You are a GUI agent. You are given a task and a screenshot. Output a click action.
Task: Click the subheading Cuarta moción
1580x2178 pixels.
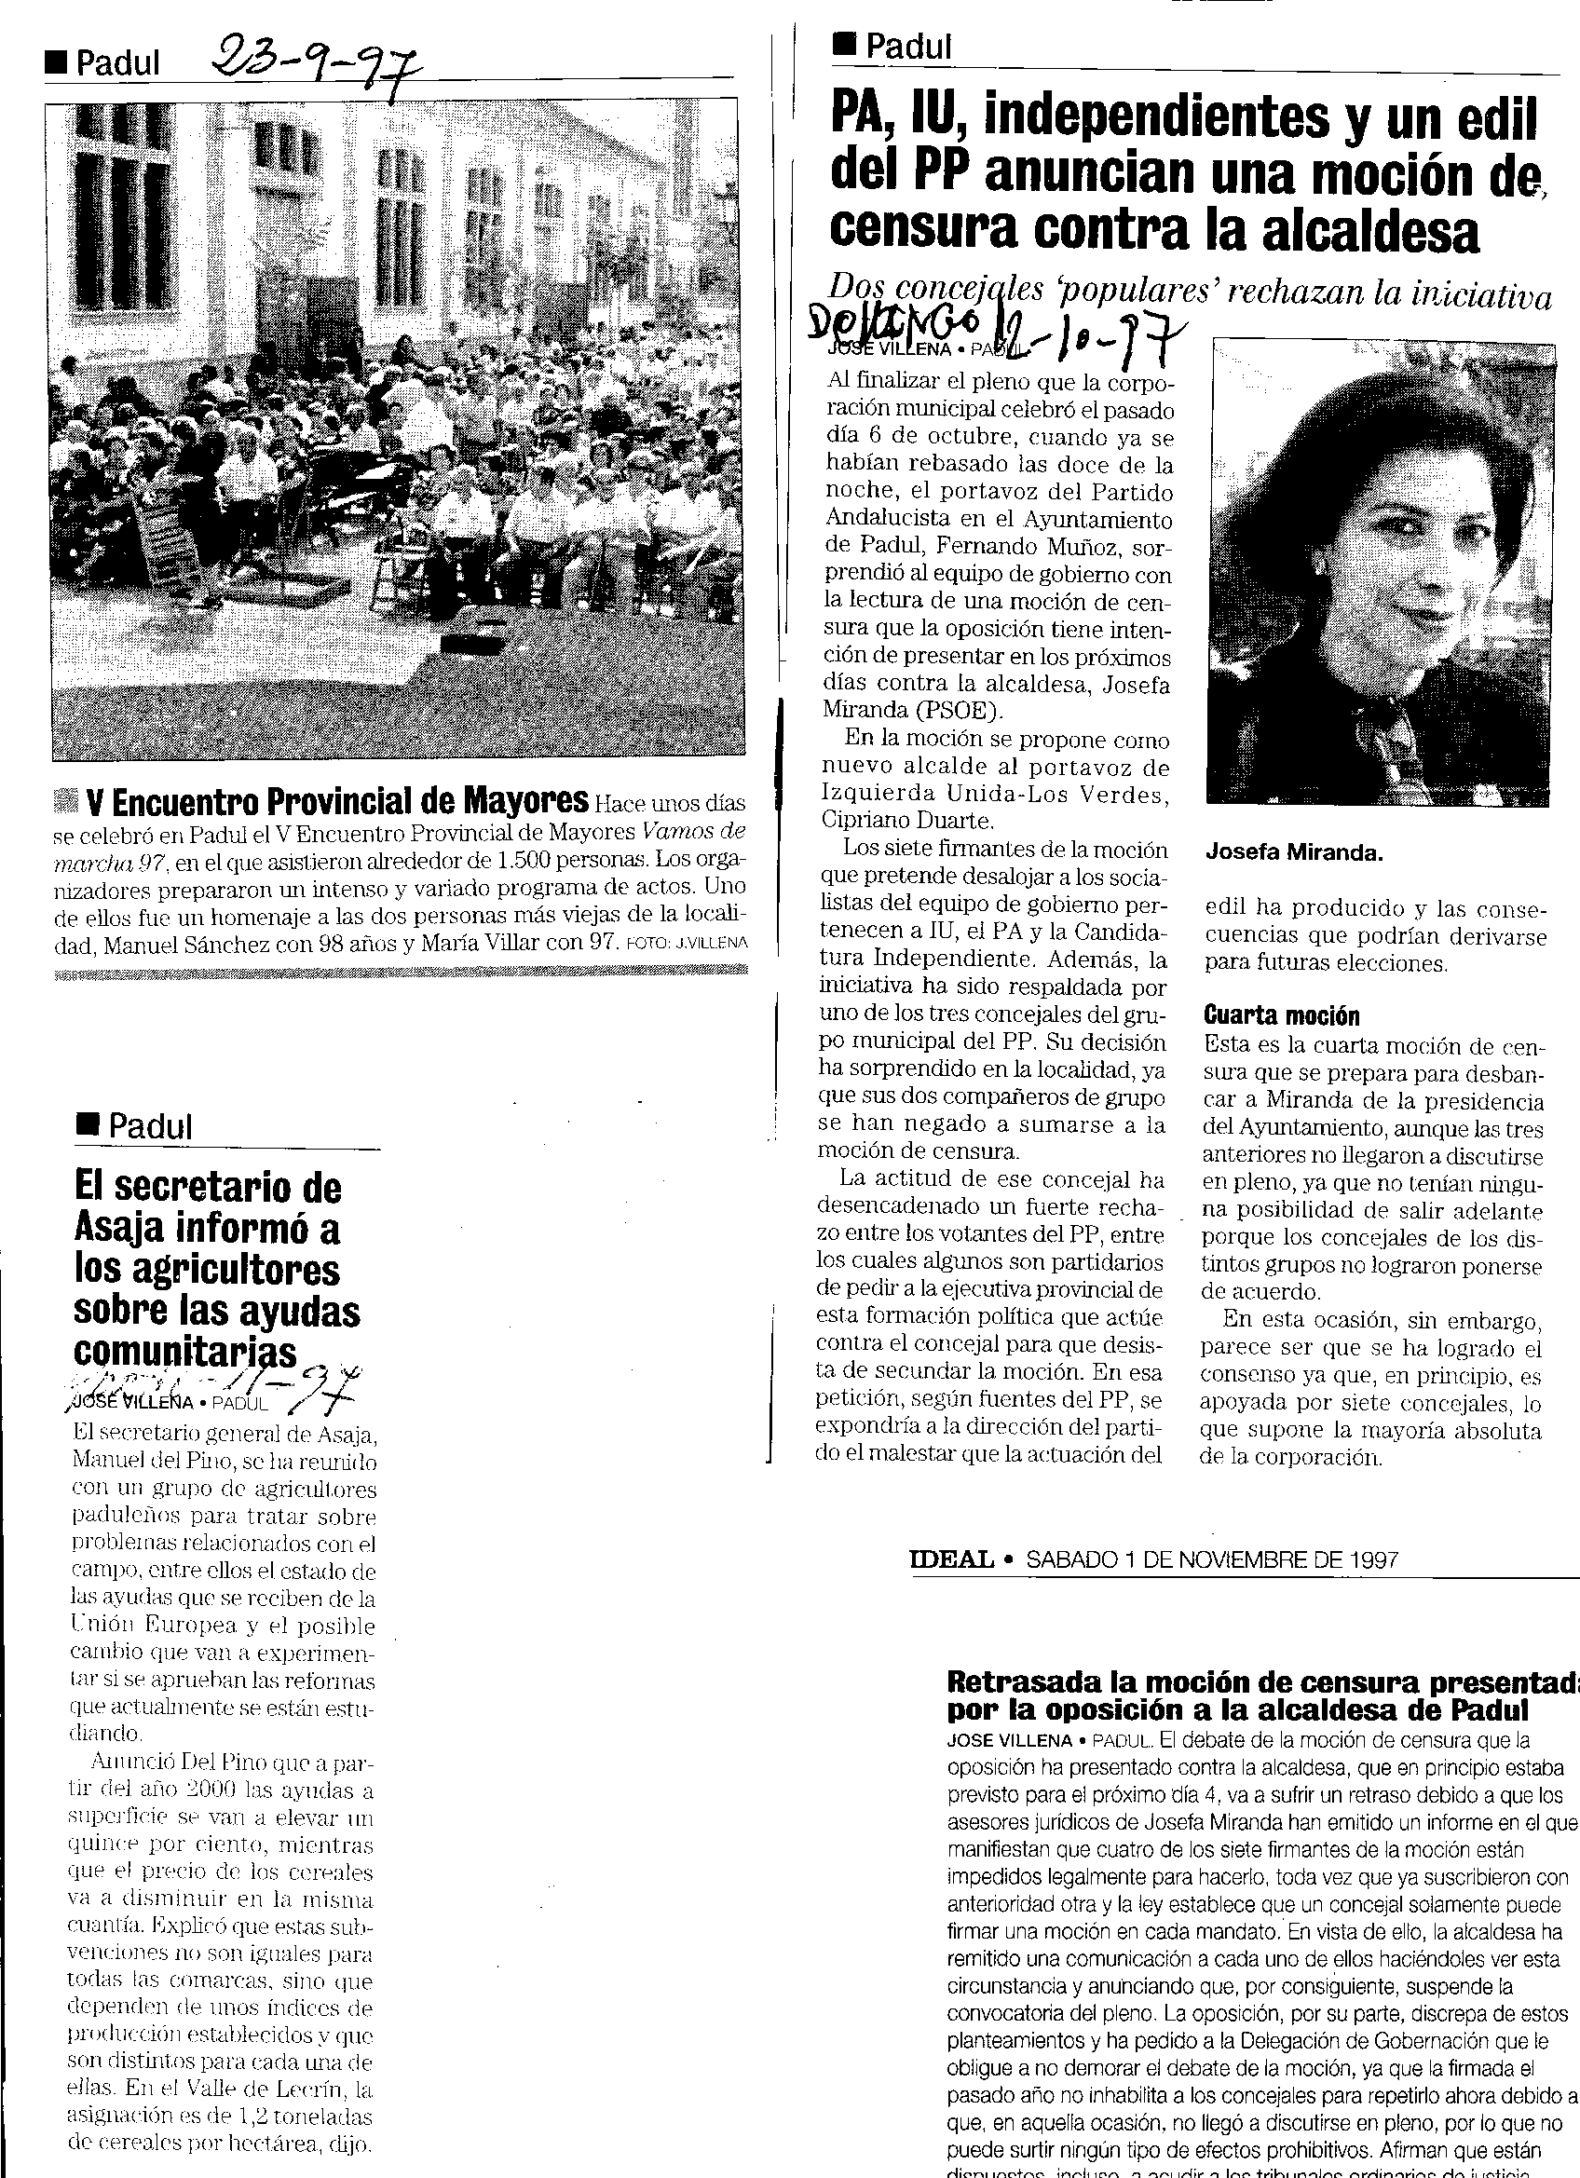coord(1281,1015)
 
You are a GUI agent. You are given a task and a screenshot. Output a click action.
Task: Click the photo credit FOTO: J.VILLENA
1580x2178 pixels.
coord(686,944)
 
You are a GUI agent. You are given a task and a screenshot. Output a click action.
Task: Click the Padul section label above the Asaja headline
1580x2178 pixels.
coord(150,1125)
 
